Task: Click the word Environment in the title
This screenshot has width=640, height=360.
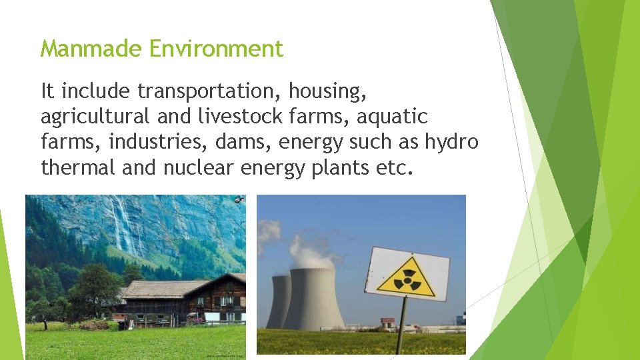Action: (x=217, y=49)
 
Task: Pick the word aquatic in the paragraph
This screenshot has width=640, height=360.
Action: (x=392, y=117)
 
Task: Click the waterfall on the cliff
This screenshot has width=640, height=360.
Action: (x=123, y=227)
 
